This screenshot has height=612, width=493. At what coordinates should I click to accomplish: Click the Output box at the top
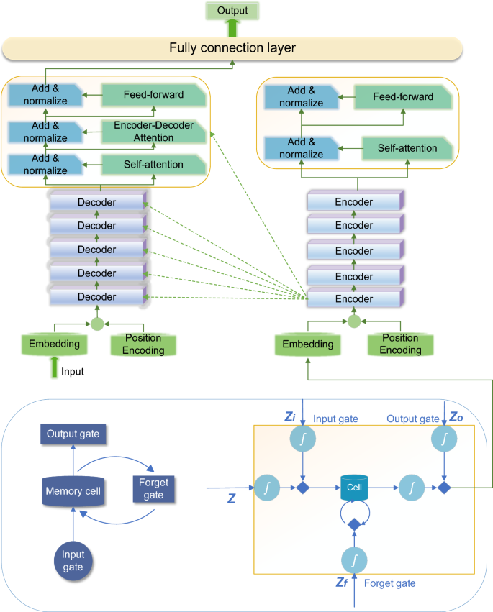click(x=232, y=11)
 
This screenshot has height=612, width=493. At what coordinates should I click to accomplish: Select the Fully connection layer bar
click(x=232, y=48)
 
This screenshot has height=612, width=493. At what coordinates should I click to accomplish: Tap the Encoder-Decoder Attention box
click(x=153, y=130)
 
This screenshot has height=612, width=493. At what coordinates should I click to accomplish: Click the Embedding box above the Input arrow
click(x=54, y=344)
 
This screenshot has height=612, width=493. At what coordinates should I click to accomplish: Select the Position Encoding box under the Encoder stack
click(x=400, y=344)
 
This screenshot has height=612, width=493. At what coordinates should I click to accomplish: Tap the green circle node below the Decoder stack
click(x=97, y=323)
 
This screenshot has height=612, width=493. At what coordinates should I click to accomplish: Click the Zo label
click(x=455, y=418)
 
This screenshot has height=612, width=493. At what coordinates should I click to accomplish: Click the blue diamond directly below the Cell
click(x=353, y=526)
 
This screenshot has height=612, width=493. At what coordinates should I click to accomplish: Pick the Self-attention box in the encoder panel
click(x=408, y=148)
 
